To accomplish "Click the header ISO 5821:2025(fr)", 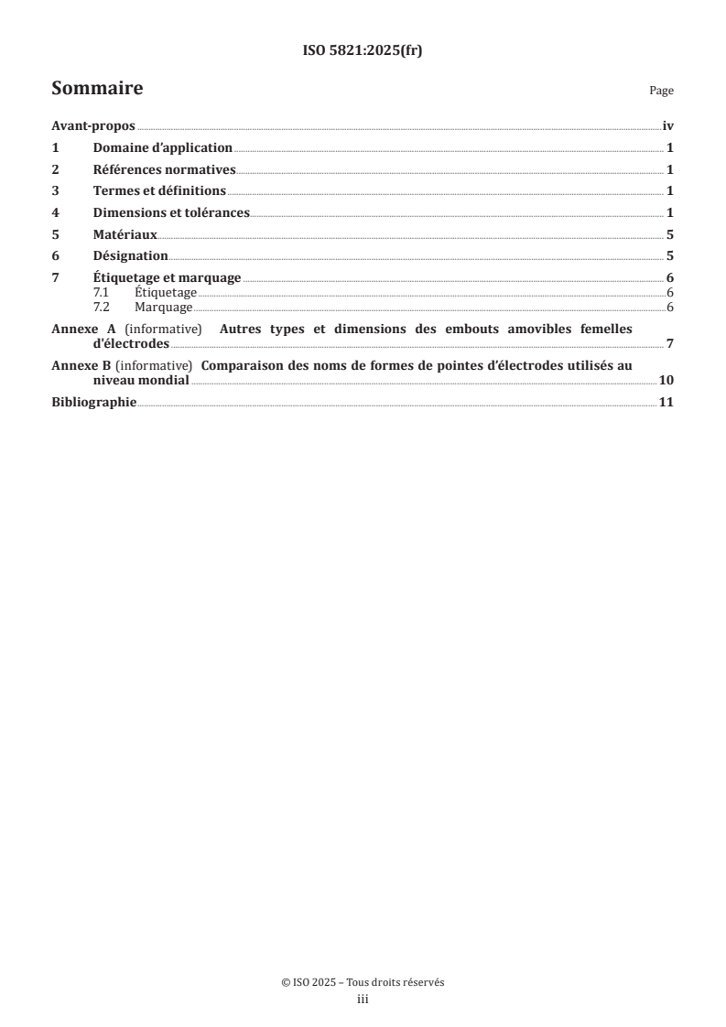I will click(362, 51).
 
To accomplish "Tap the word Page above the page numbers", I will click(661, 92).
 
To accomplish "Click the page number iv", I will click(668, 127).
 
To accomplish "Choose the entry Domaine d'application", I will click(163, 148).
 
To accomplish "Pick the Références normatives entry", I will click(165, 169).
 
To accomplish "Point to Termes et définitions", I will click(159, 191).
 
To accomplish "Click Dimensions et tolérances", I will click(171, 212).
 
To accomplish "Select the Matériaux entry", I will click(125, 234).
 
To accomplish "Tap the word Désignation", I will click(130, 256).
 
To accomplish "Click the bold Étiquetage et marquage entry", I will click(167, 278).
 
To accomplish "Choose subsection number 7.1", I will click(102, 293).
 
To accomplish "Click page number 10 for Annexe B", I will click(666, 381).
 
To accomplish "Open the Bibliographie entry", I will click(93, 403).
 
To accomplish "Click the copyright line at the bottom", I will click(363, 983).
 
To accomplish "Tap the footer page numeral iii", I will click(363, 1000).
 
